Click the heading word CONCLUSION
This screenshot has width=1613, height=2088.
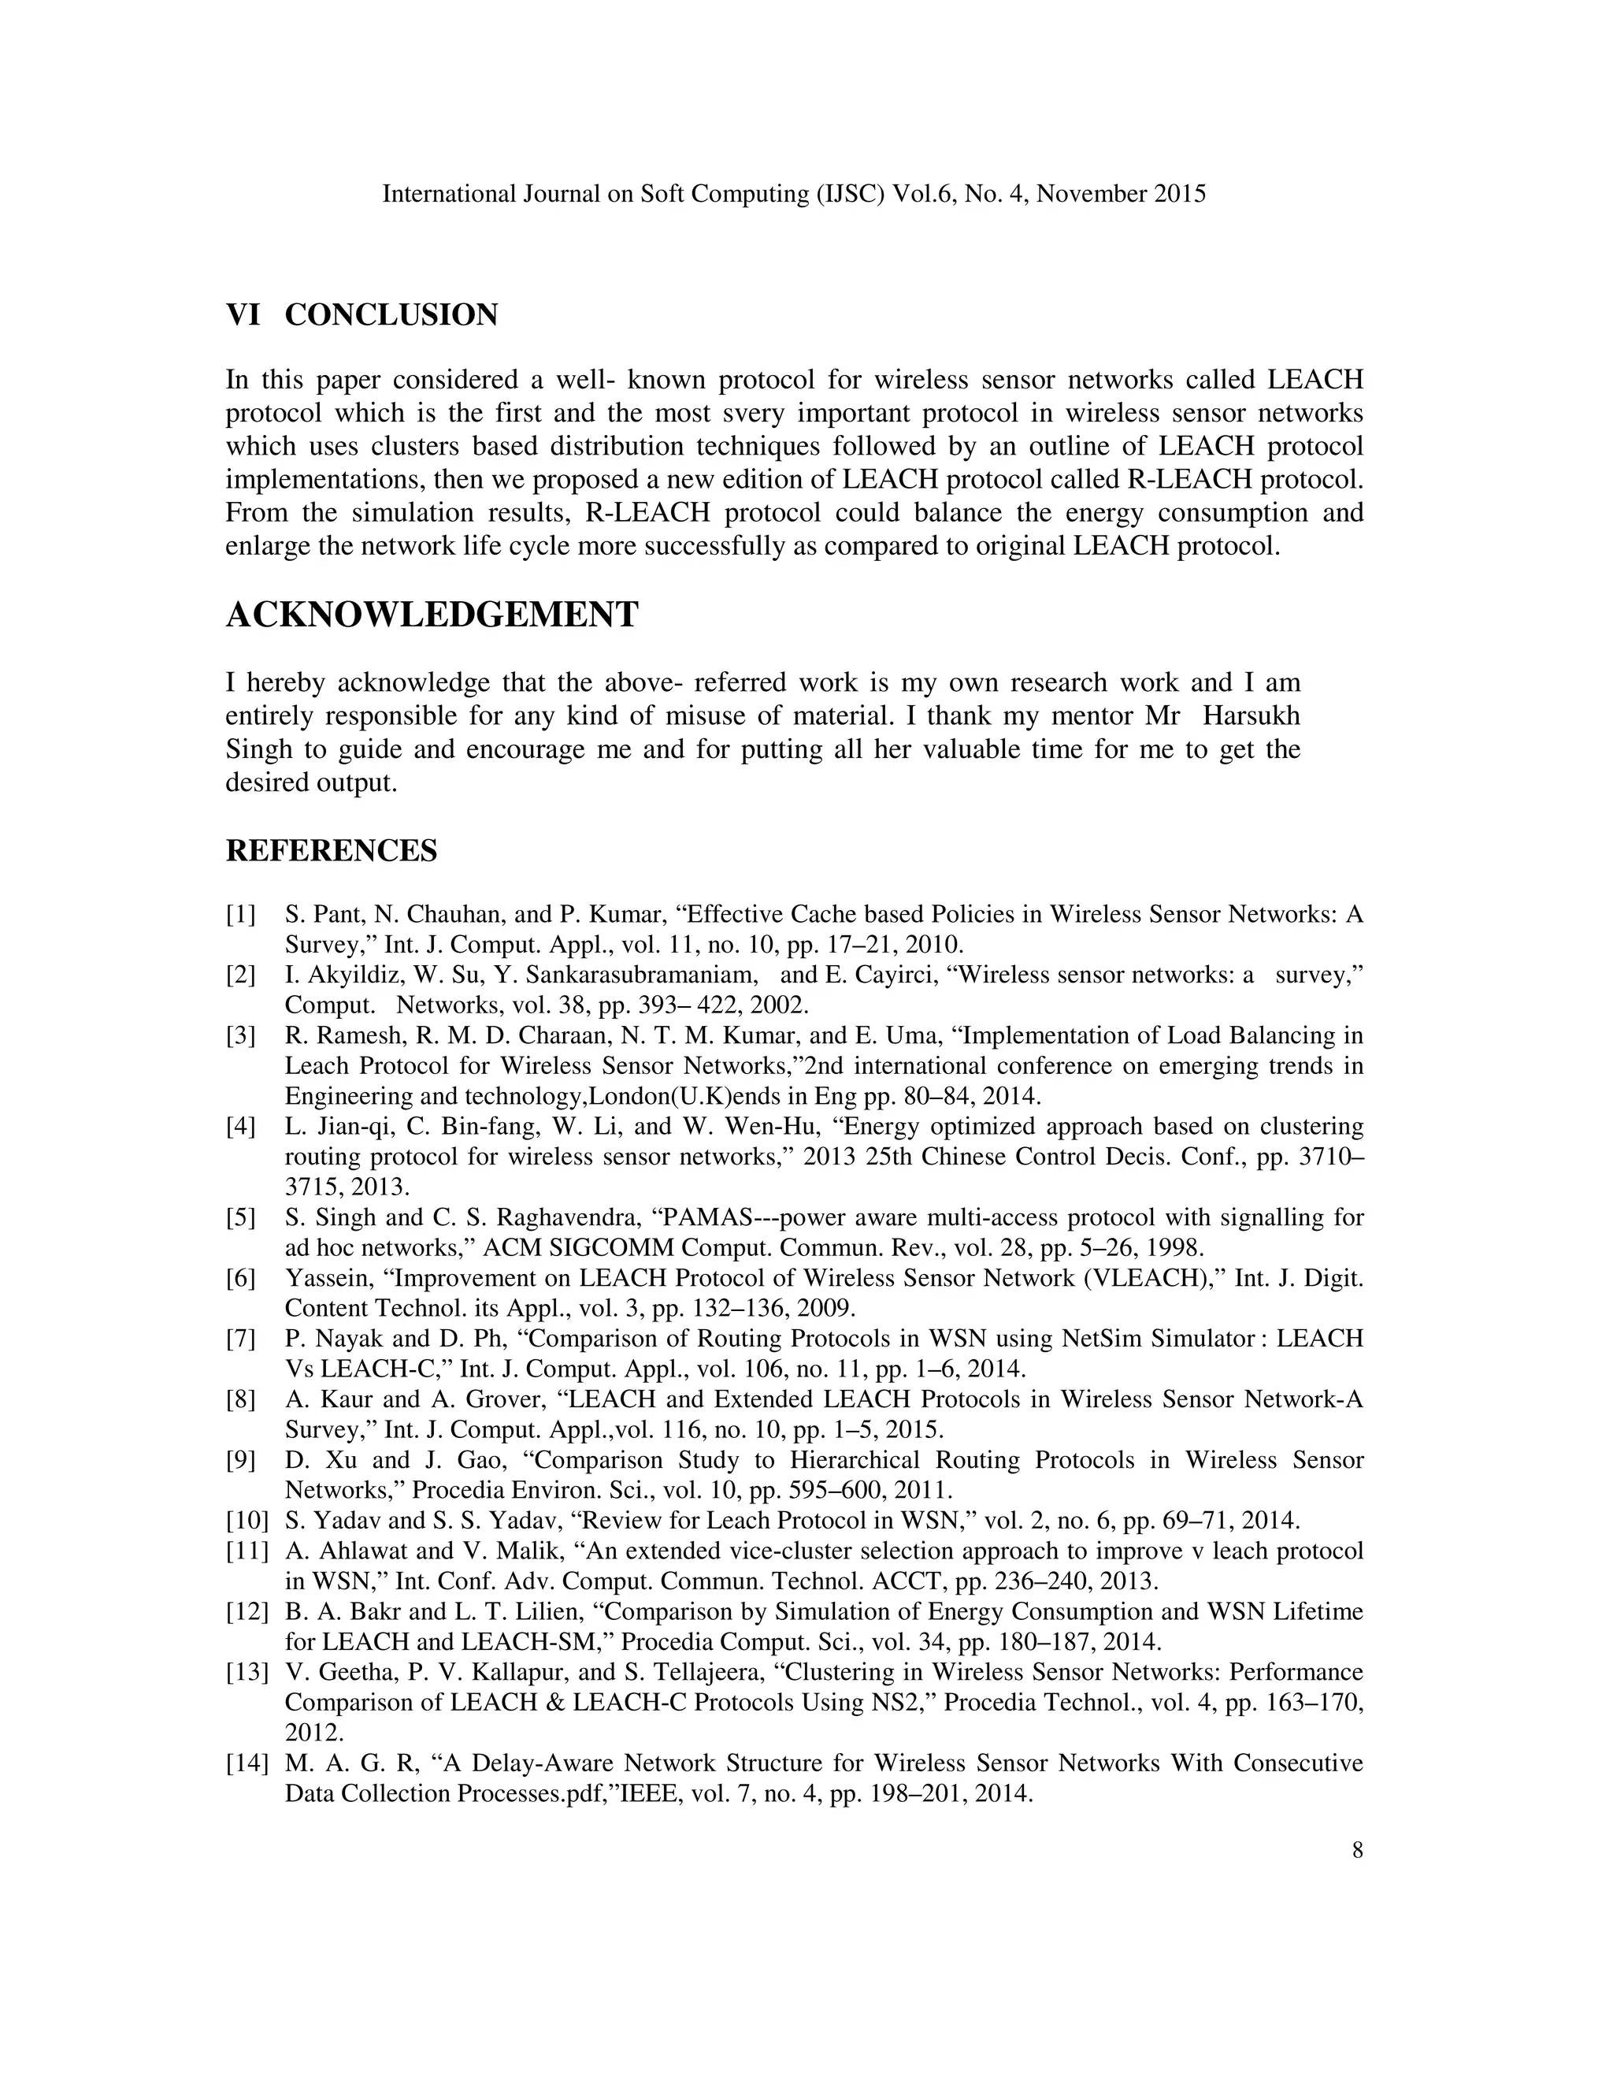click(x=391, y=314)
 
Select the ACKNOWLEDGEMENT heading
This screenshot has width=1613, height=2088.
click(x=432, y=615)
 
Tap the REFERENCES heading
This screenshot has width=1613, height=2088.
click(x=331, y=850)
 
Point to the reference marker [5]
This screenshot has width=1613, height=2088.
click(x=241, y=1217)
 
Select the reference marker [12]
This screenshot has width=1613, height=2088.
click(x=246, y=1611)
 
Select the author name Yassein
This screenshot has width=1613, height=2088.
click(x=327, y=1277)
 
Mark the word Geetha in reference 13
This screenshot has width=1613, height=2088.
click(x=344, y=1671)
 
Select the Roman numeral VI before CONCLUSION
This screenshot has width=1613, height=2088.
click(x=243, y=314)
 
